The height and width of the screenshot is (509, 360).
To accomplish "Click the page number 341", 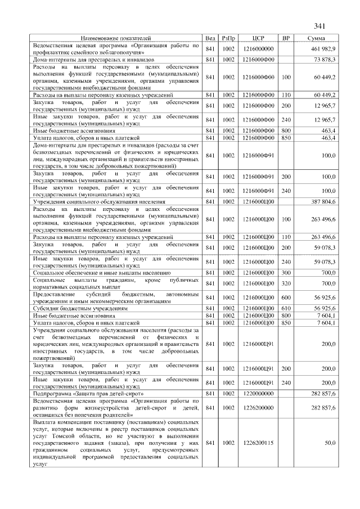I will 320,26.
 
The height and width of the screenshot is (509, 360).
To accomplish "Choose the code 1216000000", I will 259,49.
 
